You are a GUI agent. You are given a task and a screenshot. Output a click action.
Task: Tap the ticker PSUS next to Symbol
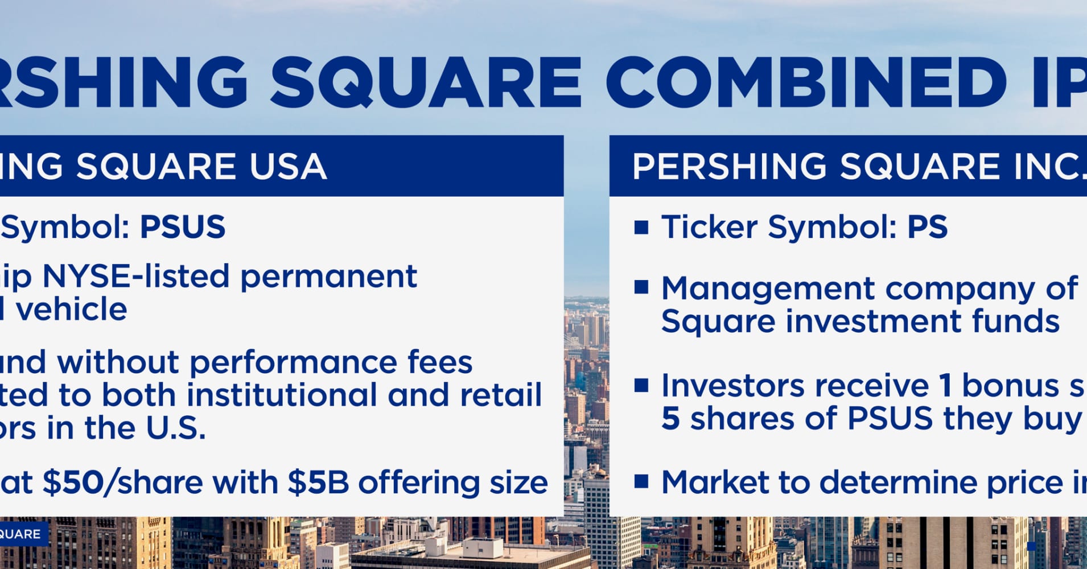[x=183, y=227]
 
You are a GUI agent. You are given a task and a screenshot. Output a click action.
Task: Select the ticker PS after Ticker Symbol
[x=927, y=227]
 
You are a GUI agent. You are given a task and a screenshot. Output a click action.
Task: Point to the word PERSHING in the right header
[x=729, y=167]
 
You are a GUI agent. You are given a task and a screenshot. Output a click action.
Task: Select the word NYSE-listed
[x=135, y=277]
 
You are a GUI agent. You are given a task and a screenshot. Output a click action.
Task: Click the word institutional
[x=282, y=395]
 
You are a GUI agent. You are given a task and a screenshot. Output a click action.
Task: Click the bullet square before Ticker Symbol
[x=641, y=228]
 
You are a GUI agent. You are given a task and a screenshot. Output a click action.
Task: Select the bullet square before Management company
[x=641, y=287]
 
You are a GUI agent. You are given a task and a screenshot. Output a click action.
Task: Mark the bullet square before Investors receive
[x=641, y=386]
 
